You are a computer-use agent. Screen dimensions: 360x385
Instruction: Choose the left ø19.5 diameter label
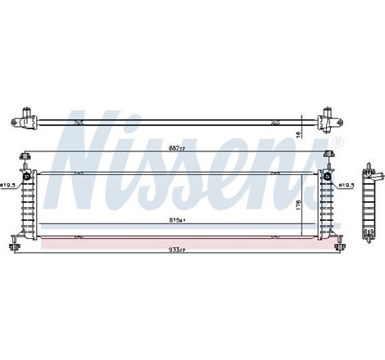pos(10,186)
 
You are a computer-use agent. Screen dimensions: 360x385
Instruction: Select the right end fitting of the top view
pos(331,118)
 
